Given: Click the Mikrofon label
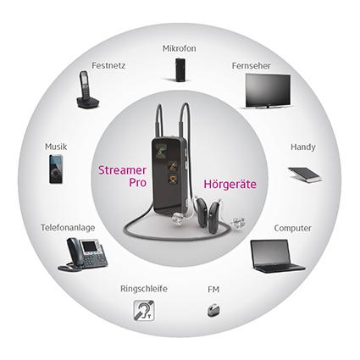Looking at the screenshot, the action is click(x=180, y=48).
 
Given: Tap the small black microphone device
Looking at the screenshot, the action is click(x=180, y=69).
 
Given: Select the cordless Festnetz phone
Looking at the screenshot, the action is click(x=87, y=89).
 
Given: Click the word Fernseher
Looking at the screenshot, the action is click(x=251, y=65).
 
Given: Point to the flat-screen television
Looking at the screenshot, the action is click(x=268, y=91).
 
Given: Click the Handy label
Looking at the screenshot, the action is click(x=303, y=147).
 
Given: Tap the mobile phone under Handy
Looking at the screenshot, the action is click(x=304, y=174).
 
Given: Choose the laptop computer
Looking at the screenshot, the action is click(x=277, y=257).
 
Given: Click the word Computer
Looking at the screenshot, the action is click(x=292, y=228).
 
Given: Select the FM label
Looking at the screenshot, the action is click(x=213, y=290).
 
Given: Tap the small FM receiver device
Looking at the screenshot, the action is click(x=213, y=310).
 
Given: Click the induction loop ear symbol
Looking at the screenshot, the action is click(x=144, y=310).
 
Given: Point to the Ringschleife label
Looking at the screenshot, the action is click(x=144, y=289).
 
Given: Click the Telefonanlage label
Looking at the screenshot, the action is click(x=68, y=228).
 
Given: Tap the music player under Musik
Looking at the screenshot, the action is click(x=56, y=169).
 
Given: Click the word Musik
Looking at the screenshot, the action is click(x=56, y=147).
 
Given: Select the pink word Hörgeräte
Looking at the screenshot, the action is click(x=230, y=184).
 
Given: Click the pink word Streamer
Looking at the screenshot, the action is click(x=122, y=170).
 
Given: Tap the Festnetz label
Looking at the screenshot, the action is click(x=108, y=65).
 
